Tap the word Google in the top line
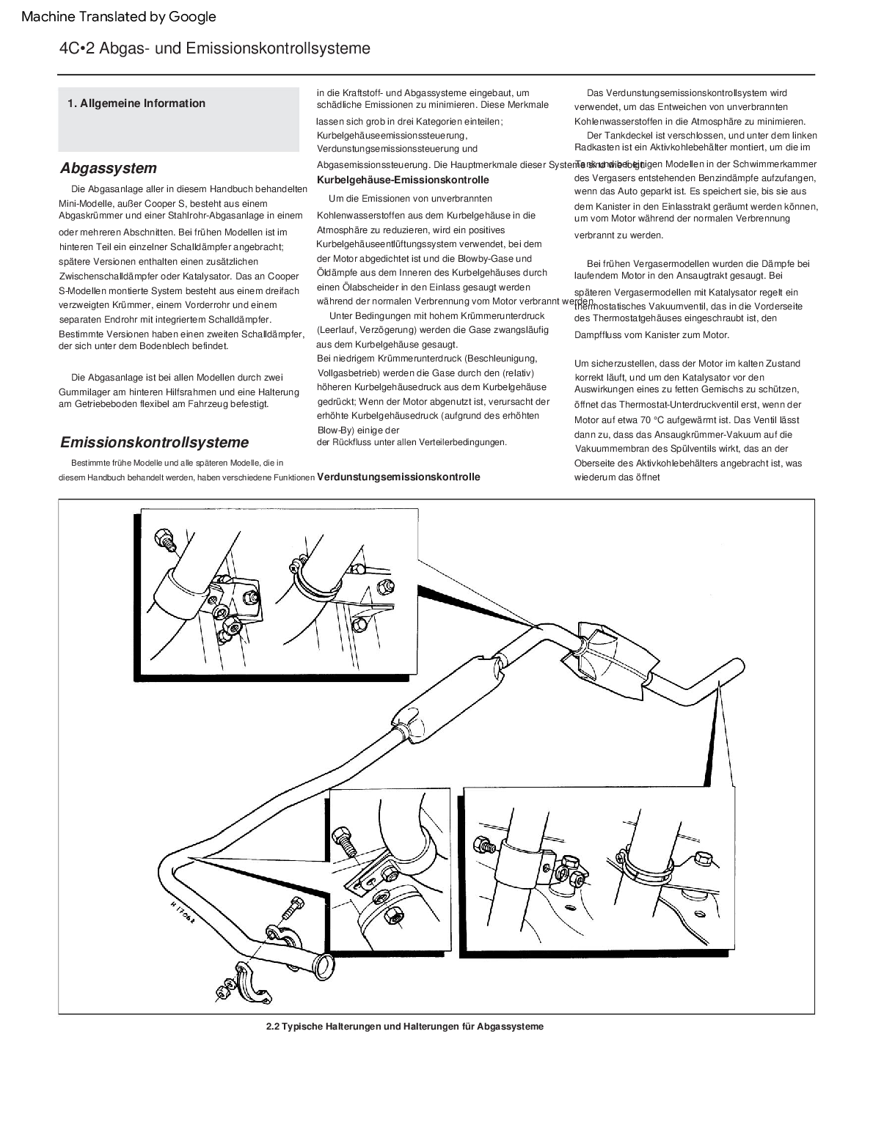click(x=193, y=16)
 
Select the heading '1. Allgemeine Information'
click(x=136, y=103)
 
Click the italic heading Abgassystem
click(x=109, y=168)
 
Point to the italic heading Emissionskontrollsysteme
click(x=154, y=442)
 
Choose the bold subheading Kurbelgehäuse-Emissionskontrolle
click(x=403, y=180)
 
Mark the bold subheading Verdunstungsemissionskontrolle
click(x=398, y=477)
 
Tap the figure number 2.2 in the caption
click(x=273, y=1027)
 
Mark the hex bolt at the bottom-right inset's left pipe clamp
click(x=484, y=844)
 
